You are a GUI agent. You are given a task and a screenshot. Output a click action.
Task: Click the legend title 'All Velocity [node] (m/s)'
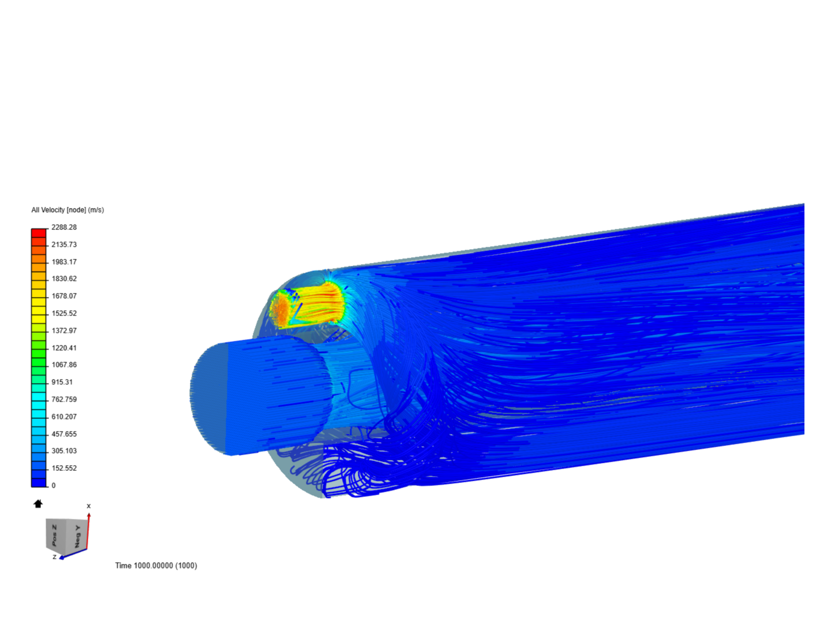click(x=68, y=210)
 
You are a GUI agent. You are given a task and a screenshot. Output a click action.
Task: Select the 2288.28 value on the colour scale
click(x=64, y=227)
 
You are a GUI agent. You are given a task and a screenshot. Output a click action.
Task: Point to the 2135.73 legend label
click(x=64, y=244)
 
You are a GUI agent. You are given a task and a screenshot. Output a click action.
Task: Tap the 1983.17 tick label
click(x=64, y=262)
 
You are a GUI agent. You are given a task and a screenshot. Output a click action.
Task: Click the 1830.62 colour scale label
click(x=64, y=279)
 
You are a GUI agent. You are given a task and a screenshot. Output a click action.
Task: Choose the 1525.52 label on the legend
click(x=64, y=313)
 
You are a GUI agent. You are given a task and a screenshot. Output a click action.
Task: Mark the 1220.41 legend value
click(x=64, y=348)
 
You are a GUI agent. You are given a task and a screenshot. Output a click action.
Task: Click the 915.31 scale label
click(x=62, y=382)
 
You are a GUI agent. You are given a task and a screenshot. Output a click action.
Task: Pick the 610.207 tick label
click(x=64, y=417)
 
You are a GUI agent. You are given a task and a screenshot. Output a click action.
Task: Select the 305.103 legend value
click(x=64, y=451)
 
